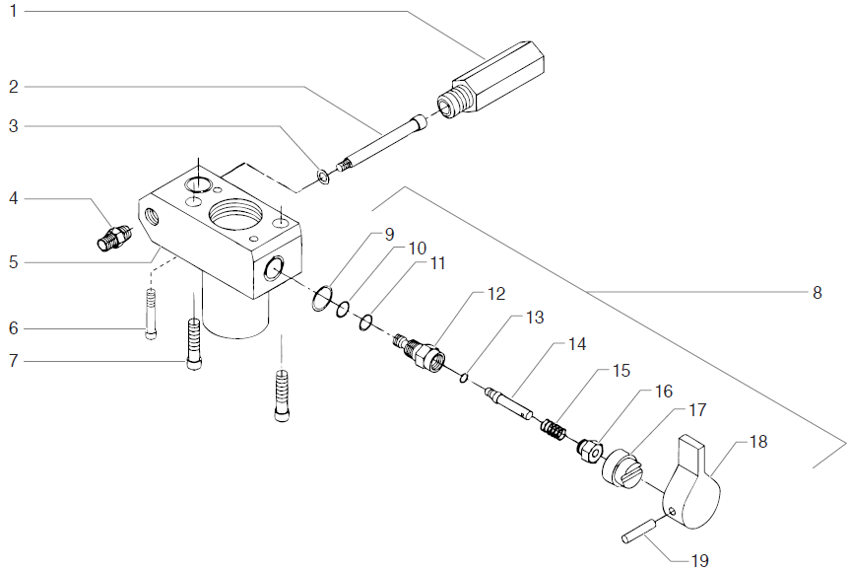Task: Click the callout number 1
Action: [13, 11]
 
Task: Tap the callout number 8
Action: [817, 292]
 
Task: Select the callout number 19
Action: [698, 560]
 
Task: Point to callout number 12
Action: [495, 295]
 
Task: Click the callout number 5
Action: [13, 263]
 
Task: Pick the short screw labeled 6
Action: [151, 313]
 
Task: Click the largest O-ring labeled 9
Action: [321, 298]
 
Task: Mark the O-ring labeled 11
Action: [365, 321]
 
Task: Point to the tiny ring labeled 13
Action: [463, 375]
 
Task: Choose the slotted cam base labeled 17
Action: [621, 466]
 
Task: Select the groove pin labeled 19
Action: [640, 532]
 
